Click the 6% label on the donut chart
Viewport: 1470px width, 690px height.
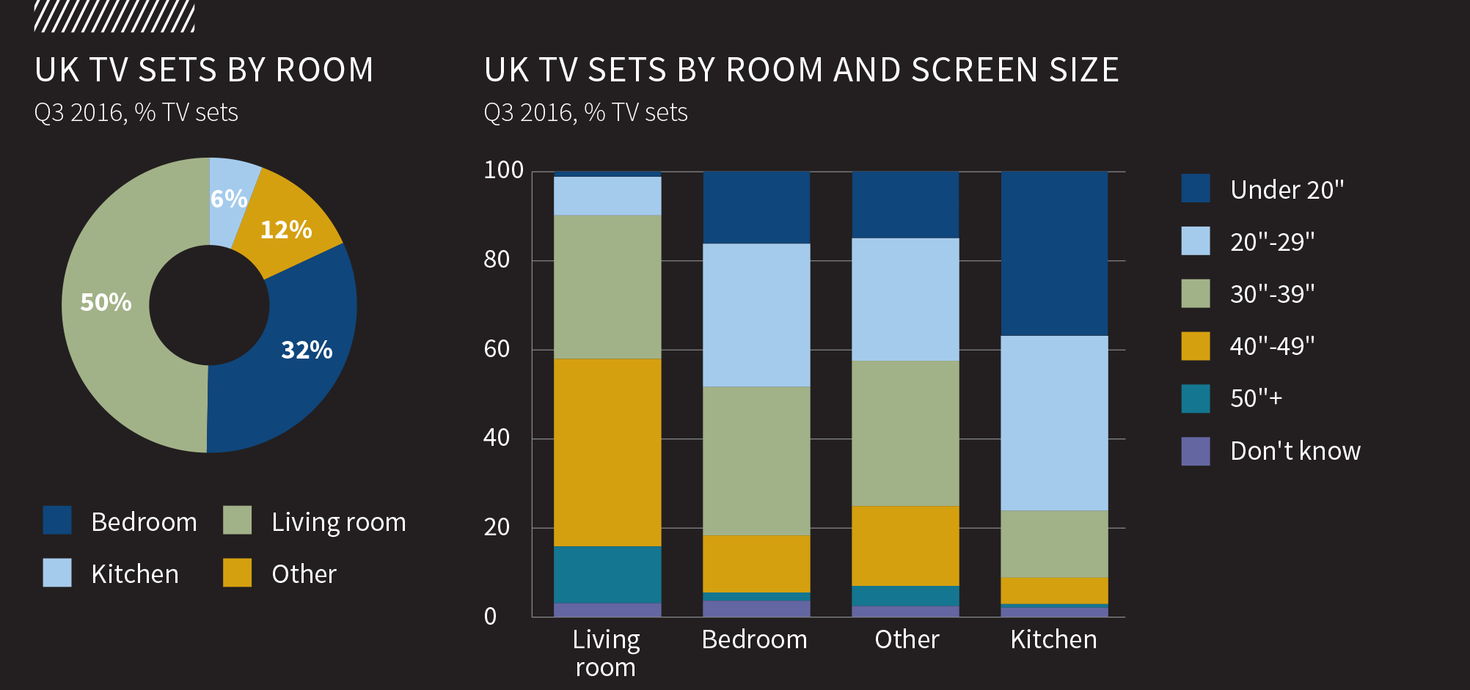click(x=228, y=199)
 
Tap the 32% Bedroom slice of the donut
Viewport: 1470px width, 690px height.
click(x=307, y=350)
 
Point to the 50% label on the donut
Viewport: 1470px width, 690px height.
click(x=106, y=302)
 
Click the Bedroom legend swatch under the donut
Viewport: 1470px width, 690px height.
click(x=57, y=520)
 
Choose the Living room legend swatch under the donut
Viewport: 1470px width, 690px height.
click(x=237, y=520)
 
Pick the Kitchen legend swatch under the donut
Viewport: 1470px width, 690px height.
click(x=57, y=573)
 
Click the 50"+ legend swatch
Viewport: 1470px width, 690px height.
click(x=1196, y=399)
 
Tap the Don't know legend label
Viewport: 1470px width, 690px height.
click(x=1295, y=451)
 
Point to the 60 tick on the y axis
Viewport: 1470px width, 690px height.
click(x=497, y=349)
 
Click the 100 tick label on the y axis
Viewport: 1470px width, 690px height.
click(x=503, y=170)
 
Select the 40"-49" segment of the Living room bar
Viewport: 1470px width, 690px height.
click(x=607, y=452)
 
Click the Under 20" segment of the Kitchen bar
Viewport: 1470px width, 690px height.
click(x=1054, y=253)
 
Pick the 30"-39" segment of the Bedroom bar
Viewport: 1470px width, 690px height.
click(x=756, y=460)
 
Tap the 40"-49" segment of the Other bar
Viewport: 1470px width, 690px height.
click(x=905, y=546)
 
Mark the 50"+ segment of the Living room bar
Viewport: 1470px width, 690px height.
click(x=607, y=574)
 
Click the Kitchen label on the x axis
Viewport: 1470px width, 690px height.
click(x=1053, y=639)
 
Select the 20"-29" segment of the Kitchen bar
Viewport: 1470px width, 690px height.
click(x=1054, y=423)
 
